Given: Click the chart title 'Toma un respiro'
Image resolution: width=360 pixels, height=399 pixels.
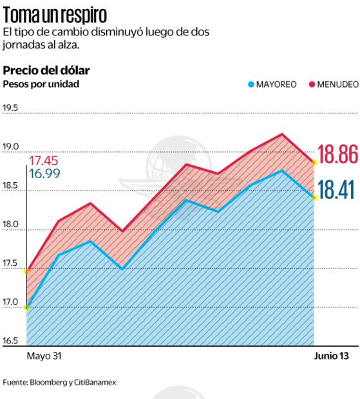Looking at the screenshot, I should [x=55, y=14].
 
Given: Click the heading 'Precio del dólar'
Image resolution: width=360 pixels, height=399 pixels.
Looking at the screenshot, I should [x=46, y=70].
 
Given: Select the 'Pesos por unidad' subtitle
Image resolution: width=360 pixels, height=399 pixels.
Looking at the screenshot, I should [x=41, y=84].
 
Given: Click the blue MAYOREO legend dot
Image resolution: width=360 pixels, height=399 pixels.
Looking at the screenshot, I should [x=251, y=84].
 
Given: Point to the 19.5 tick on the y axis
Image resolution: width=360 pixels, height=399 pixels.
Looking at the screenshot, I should [x=11, y=108].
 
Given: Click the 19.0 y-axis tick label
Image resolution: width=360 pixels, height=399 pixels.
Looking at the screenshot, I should [x=11, y=147].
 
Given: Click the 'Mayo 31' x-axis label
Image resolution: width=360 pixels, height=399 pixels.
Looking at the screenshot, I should [x=46, y=356].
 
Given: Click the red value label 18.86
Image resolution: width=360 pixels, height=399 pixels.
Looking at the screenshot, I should [x=338, y=157].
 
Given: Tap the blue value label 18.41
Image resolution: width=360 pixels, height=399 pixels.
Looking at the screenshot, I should [x=338, y=192].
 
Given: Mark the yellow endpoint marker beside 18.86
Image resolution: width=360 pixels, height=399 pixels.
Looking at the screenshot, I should [x=315, y=163].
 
